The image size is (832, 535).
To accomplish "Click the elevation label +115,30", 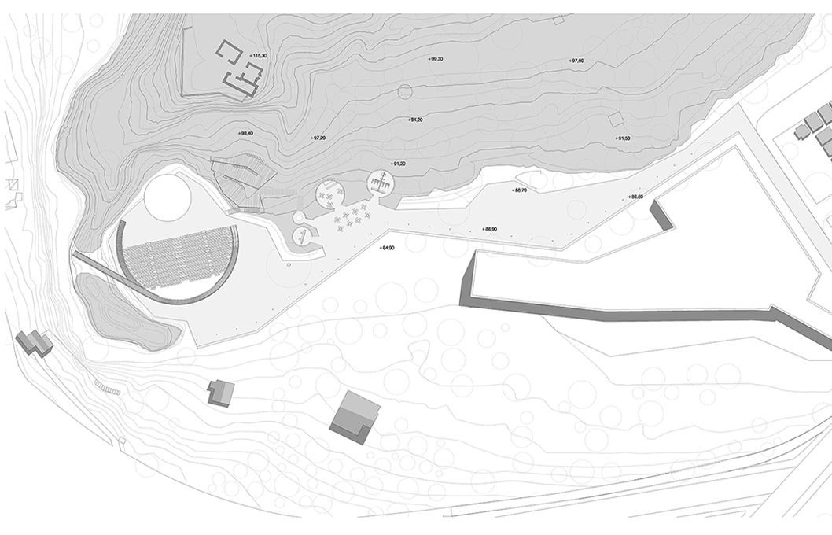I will tap(258, 55).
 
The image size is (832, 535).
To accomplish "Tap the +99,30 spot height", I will tap(436, 60).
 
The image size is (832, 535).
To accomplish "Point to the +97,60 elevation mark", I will tap(576, 61).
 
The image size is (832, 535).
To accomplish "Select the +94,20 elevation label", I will tap(416, 120).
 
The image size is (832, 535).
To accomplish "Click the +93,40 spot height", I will tap(246, 134).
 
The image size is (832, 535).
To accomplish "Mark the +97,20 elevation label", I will tap(318, 138).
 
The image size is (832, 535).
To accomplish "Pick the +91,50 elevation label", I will tap(624, 138).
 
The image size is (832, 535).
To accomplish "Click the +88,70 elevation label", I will tap(520, 190).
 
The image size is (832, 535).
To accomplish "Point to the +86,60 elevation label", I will tap(636, 196).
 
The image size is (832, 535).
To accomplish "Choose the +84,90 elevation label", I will tap(386, 248).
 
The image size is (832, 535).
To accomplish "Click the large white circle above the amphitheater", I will tap(168, 197).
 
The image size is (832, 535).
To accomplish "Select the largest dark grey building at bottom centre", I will tap(354, 417).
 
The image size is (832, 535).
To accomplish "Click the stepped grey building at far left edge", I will tap(34, 342).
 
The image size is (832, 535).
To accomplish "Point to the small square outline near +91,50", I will tap(616, 120).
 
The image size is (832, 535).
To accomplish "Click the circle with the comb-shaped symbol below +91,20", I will tap(381, 184).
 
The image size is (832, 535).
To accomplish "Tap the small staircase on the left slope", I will tap(107, 386).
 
